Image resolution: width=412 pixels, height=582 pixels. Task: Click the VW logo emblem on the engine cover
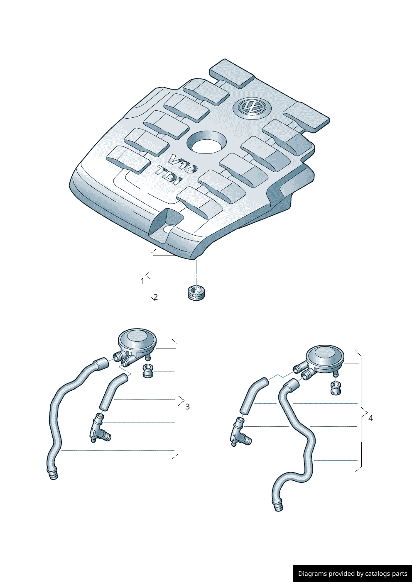[252, 107]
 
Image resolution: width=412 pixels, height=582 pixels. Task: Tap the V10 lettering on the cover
[183, 163]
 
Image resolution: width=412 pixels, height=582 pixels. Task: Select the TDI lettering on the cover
[169, 176]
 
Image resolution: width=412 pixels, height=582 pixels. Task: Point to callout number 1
[142, 281]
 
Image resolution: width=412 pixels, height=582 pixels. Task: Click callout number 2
[155, 297]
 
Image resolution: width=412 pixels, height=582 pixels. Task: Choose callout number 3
[187, 407]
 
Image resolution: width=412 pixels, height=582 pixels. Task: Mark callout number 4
[370, 418]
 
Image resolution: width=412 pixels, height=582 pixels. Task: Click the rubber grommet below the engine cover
[196, 292]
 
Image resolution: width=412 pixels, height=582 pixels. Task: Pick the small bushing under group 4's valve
[336, 389]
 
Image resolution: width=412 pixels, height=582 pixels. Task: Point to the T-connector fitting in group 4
[239, 433]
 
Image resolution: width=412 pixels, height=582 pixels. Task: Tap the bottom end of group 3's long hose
[53, 474]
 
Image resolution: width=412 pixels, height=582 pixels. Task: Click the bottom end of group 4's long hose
[278, 506]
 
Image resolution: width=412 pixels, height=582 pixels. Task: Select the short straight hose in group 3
[112, 392]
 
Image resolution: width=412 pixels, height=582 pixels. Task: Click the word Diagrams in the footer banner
[312, 574]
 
